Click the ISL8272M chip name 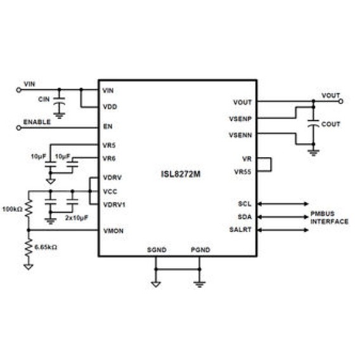pyautogui.click(x=181, y=174)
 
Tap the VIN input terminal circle pyautogui.click(x=18, y=90)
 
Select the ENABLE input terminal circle pyautogui.click(x=18, y=128)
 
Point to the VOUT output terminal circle pyautogui.click(x=341, y=101)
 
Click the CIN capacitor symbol pyautogui.click(x=59, y=101)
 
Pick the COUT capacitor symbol pyautogui.click(x=313, y=123)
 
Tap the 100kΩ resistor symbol pyautogui.click(x=29, y=208)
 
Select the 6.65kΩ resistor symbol pyautogui.click(x=29, y=247)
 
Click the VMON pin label pyautogui.click(x=113, y=231)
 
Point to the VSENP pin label pyautogui.click(x=240, y=119)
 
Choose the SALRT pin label pyautogui.click(x=240, y=229)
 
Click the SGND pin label pyautogui.click(x=157, y=250)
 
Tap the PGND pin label pyautogui.click(x=200, y=250)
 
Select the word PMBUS pyautogui.click(x=323, y=214)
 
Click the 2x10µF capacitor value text pyautogui.click(x=77, y=217)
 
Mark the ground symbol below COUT pyautogui.click(x=313, y=153)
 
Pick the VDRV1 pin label pyautogui.click(x=114, y=205)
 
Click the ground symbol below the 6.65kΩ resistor pyautogui.click(x=29, y=267)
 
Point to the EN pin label pyautogui.click(x=108, y=127)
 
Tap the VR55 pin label pyautogui.click(x=243, y=172)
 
